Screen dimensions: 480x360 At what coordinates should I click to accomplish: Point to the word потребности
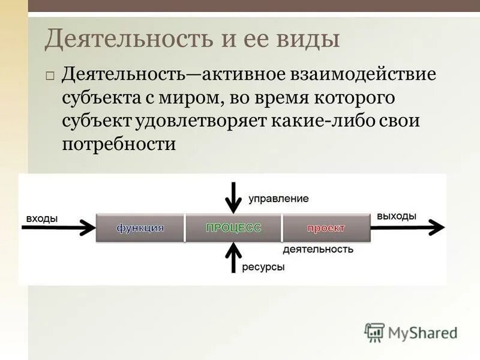(119, 145)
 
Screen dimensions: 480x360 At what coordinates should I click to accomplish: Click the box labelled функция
(140, 228)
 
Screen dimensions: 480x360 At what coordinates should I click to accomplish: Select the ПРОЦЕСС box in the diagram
(233, 228)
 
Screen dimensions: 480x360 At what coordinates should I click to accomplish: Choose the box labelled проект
(326, 228)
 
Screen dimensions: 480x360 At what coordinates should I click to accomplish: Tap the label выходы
(397, 217)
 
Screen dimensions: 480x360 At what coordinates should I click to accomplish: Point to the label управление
(278, 198)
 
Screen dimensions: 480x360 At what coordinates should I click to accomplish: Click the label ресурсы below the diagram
(263, 267)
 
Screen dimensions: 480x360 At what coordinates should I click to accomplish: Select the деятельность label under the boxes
(318, 249)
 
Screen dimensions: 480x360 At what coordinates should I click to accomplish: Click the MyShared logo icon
(374, 332)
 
